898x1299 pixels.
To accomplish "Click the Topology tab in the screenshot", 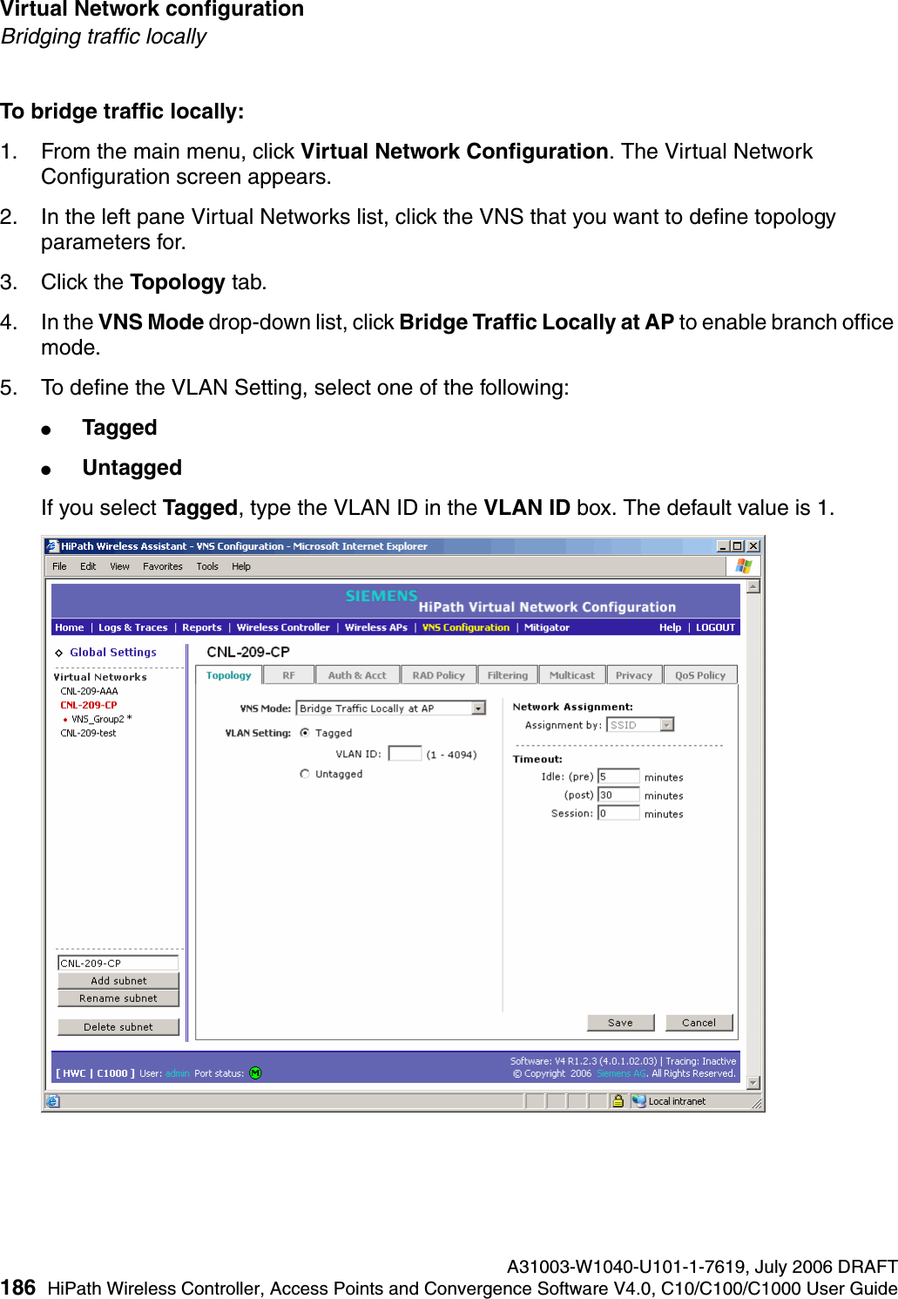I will (x=228, y=675).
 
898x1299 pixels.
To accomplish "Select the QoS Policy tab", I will (x=699, y=675).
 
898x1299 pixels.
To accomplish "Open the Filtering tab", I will (x=507, y=675).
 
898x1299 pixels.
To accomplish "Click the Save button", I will (x=620, y=1023).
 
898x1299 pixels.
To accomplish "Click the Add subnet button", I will (x=118, y=981).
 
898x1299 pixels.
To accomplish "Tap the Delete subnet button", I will (x=118, y=1027).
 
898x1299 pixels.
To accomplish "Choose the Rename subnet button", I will (x=118, y=998).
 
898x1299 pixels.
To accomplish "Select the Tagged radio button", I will (x=305, y=733).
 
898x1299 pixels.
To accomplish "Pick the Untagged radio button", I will (x=305, y=774).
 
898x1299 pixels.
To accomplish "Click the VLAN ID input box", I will (x=404, y=754).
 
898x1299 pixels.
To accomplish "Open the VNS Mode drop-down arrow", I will (x=479, y=708).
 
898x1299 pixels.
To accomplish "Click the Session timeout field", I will (x=618, y=814).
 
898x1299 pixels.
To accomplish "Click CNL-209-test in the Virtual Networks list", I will (x=88, y=734).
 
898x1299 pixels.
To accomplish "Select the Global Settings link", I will (x=113, y=653).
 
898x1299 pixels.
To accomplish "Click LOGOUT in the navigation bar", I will (x=715, y=627).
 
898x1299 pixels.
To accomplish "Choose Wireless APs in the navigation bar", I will (x=375, y=627).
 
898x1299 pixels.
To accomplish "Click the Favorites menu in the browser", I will (x=163, y=566).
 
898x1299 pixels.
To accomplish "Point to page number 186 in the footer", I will (x=18, y=1288).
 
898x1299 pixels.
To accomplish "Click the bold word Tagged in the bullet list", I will (x=119, y=428).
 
